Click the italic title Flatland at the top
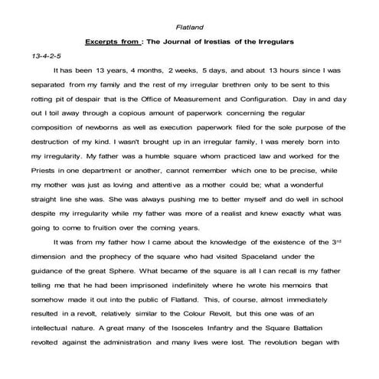[188, 28]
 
